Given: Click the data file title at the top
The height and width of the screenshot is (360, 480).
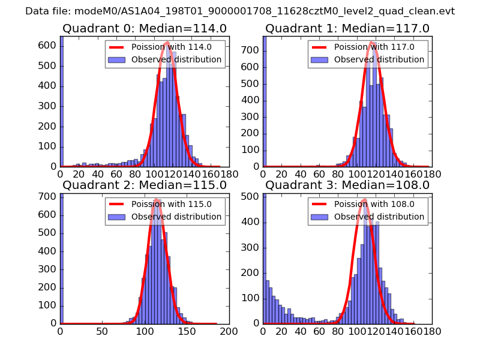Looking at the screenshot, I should pos(240,11).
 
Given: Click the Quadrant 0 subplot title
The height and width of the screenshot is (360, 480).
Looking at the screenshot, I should pos(144,28).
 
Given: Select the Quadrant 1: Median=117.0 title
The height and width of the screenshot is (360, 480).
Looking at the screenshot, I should pos(347,28).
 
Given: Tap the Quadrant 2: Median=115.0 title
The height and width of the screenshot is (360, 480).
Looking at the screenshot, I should pos(144,185).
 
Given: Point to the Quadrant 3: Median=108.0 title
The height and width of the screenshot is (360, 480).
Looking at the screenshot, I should pos(347,185).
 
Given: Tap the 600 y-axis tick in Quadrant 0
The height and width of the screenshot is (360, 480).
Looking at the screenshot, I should pos(48,46).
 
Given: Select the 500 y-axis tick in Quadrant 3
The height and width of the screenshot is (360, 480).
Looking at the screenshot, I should pos(251,196).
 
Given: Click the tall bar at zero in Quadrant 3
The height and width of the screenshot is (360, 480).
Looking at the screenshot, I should pos(265,258).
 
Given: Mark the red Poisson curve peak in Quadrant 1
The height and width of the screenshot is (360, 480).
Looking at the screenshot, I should pos(372,43).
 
